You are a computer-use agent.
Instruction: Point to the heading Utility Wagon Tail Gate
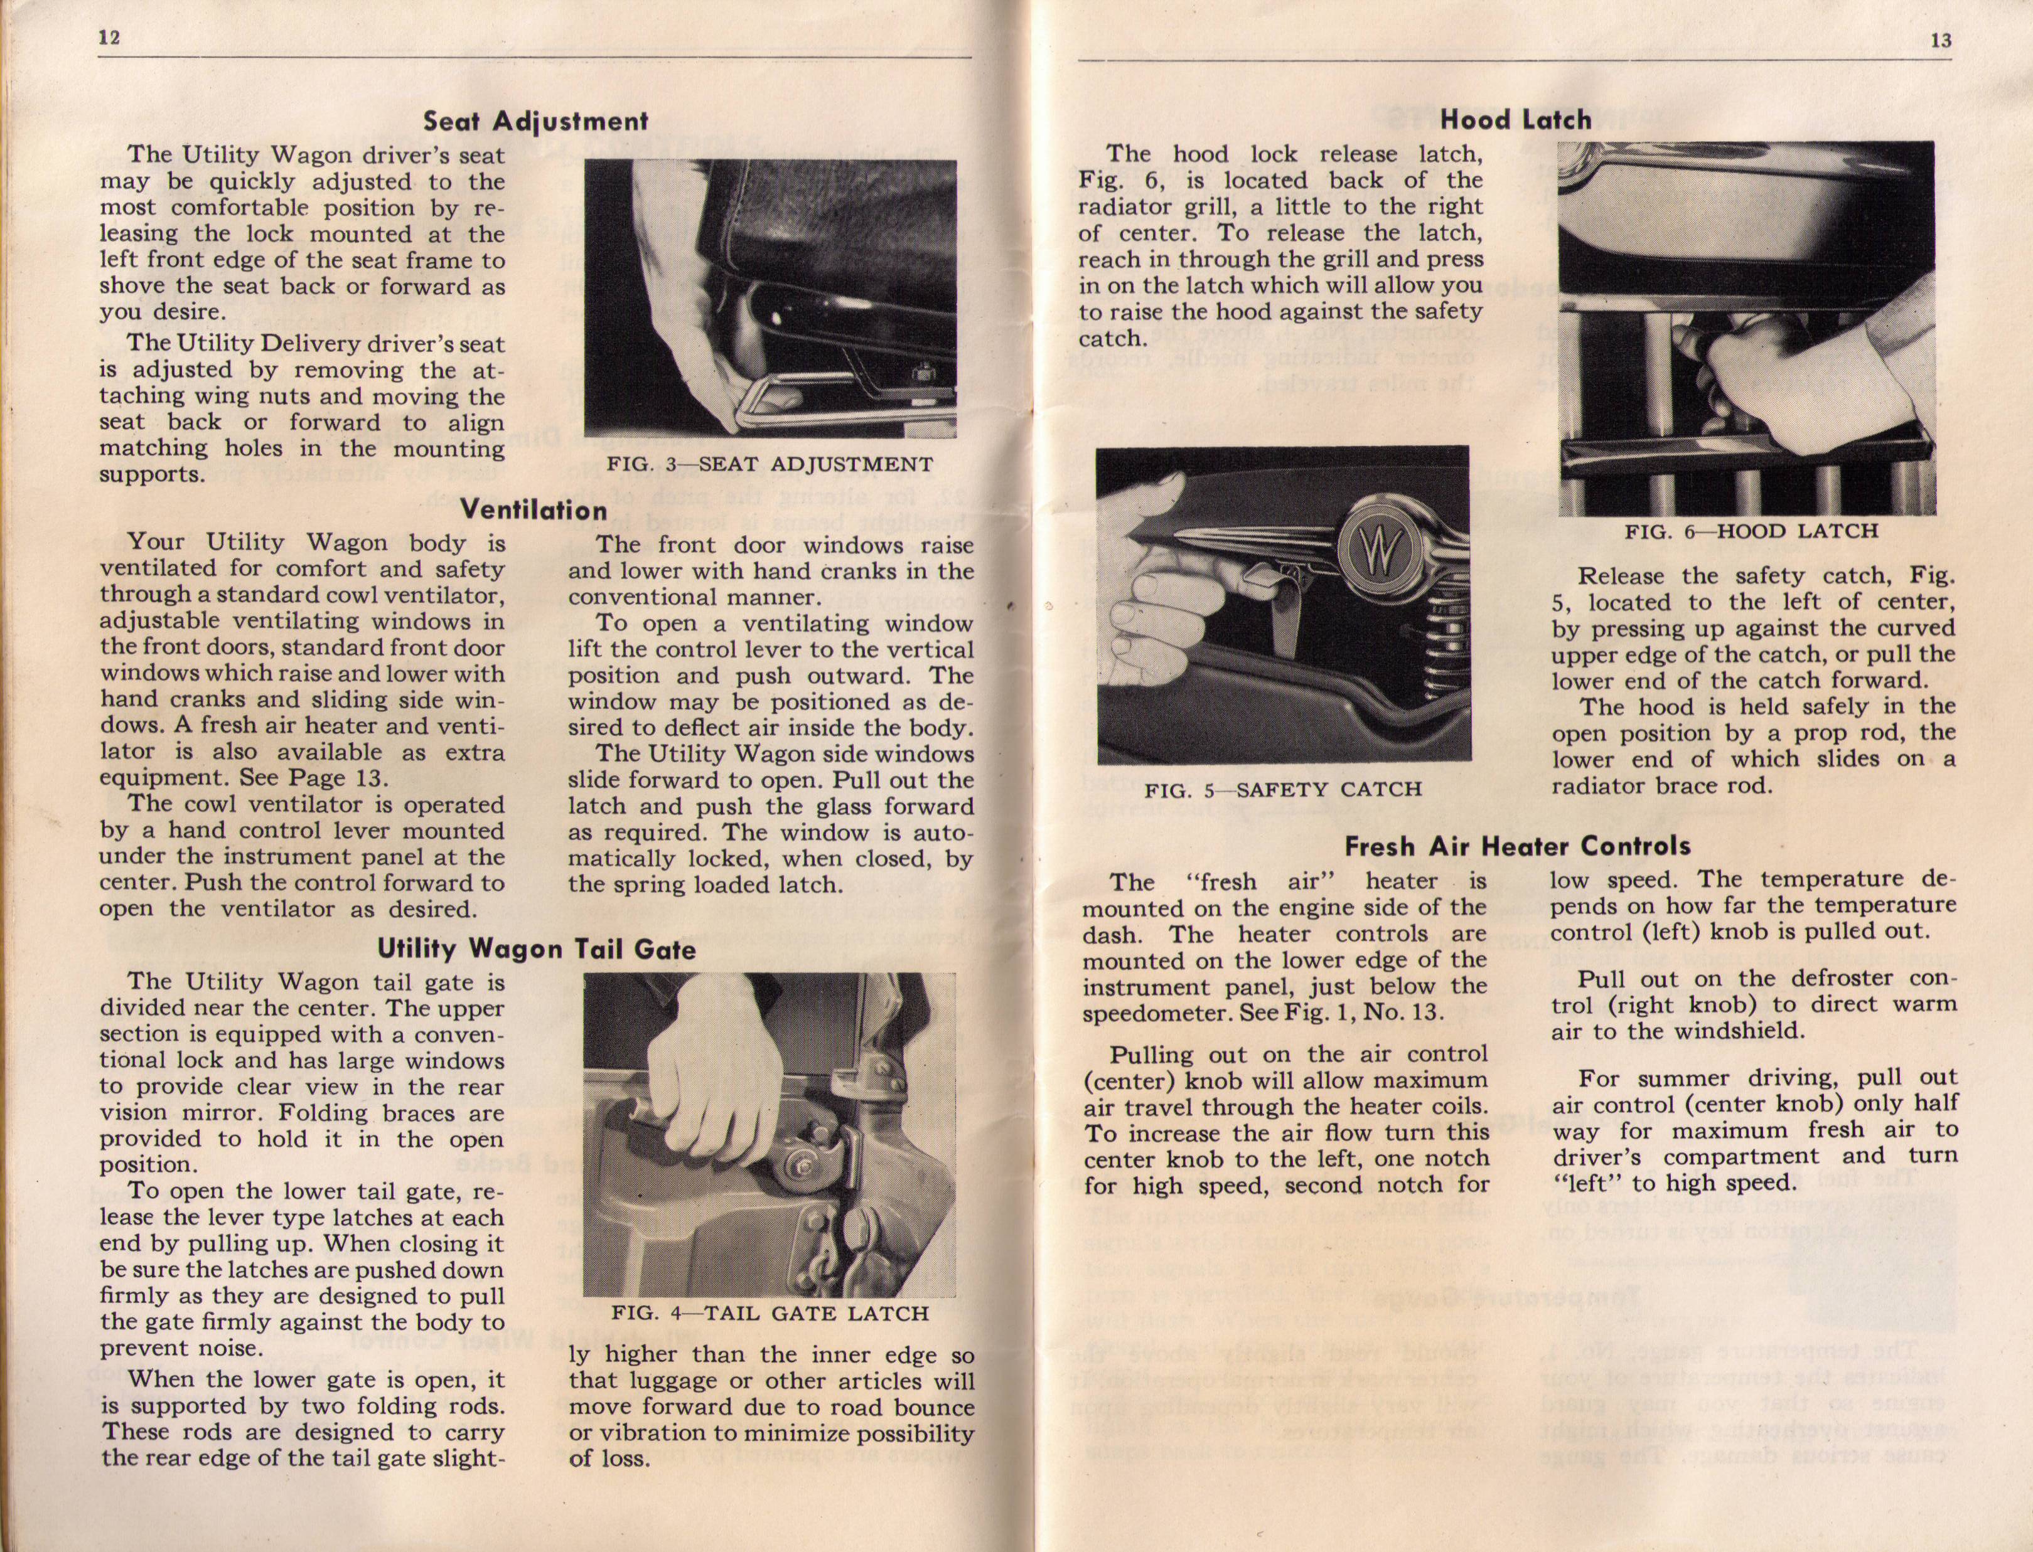point(536,948)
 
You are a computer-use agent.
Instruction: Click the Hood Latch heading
point(1516,119)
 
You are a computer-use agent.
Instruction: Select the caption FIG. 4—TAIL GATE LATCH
point(769,1313)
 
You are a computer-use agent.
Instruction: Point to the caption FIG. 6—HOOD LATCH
point(1751,531)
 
